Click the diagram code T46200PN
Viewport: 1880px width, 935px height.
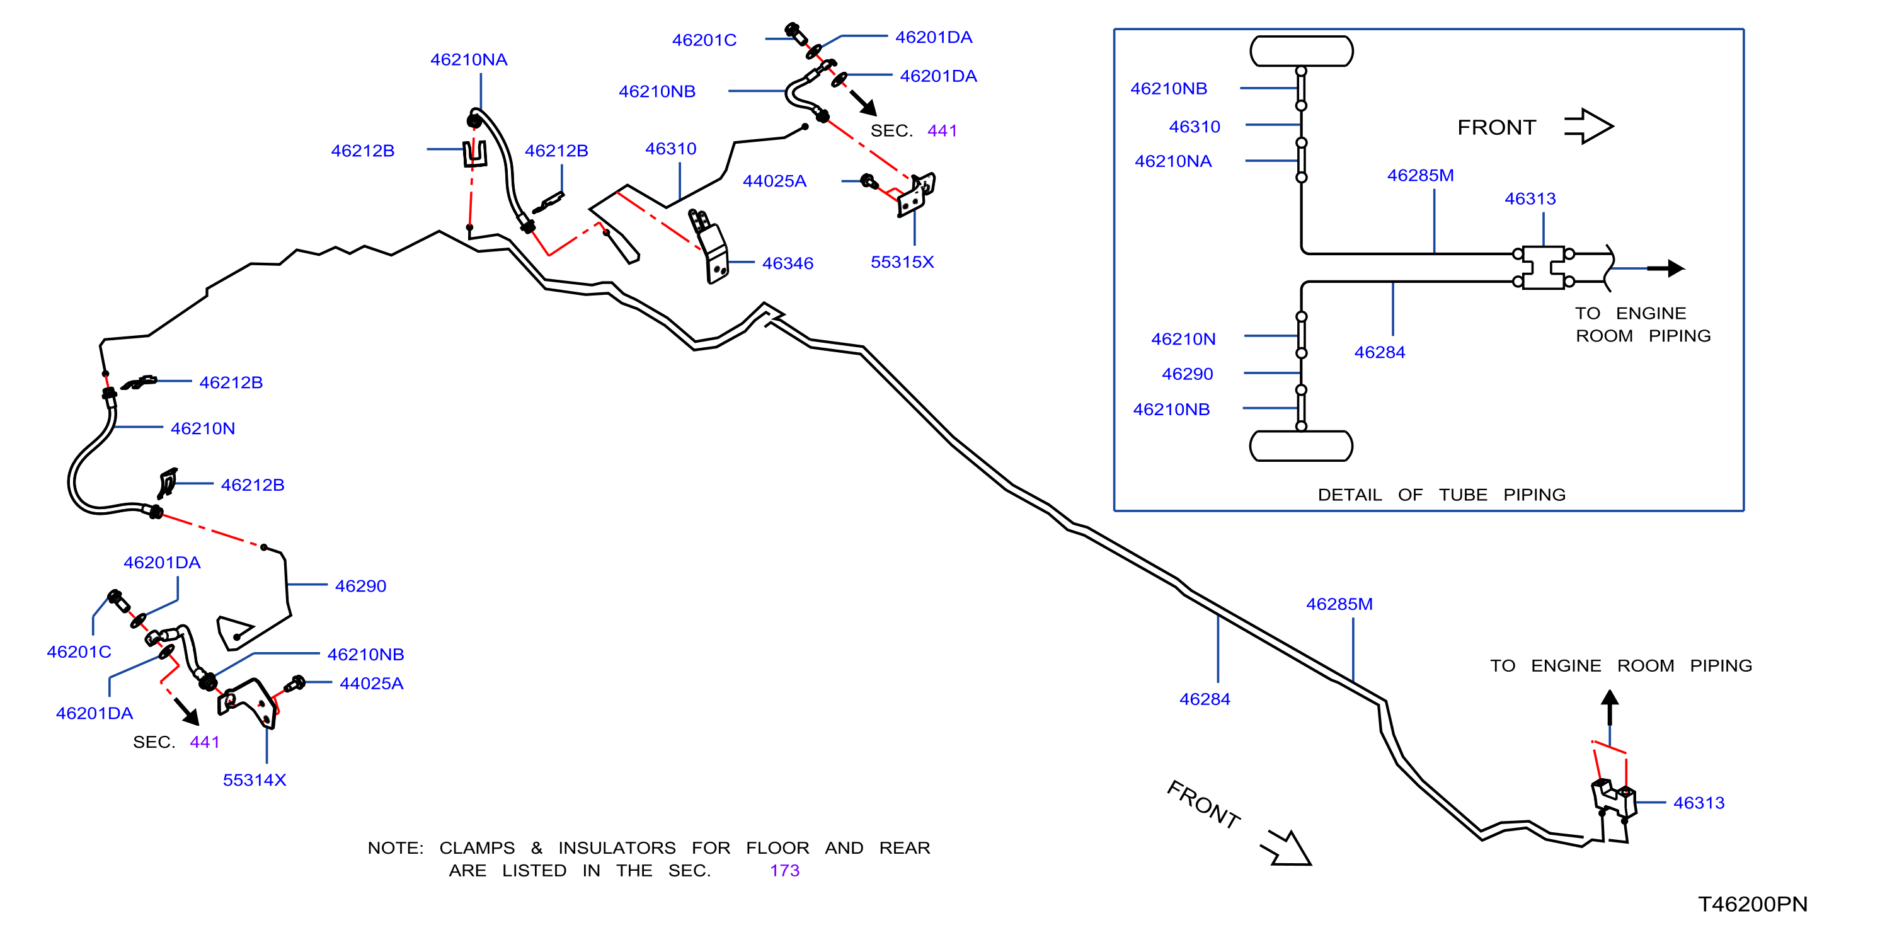pos(1752,904)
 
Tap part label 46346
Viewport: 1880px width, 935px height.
pos(788,263)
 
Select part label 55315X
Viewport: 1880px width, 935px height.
pos(902,262)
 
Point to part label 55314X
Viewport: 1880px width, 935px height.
pos(254,780)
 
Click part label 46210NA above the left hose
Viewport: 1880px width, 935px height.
pos(469,60)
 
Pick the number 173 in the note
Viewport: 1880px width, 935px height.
pos(784,871)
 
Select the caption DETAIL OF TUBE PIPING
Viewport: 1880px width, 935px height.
pos(1442,495)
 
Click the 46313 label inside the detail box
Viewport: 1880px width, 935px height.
pos(1530,198)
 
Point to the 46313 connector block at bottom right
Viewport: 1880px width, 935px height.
pos(1613,800)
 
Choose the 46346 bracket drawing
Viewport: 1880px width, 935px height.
pos(710,247)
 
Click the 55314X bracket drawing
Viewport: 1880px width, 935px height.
pos(248,703)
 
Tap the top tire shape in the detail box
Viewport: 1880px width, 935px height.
pos(1301,51)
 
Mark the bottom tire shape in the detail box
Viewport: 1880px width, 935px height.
pos(1301,445)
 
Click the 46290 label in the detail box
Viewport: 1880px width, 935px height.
pos(1188,374)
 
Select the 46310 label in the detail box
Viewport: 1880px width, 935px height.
pos(1195,127)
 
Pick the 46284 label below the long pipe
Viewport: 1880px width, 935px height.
pos(1205,699)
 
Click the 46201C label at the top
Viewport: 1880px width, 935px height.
pos(704,40)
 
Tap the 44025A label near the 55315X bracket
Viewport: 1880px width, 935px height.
pos(774,181)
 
